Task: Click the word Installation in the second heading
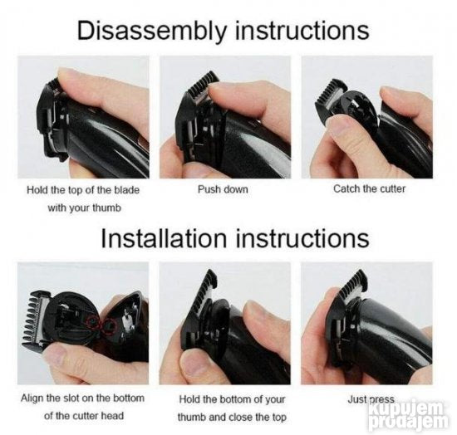[x=164, y=239]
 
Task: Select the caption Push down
[x=223, y=189]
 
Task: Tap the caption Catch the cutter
[x=369, y=189]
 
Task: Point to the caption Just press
[x=371, y=399]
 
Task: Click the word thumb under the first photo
[x=106, y=208]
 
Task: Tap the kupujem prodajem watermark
[x=407, y=416]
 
